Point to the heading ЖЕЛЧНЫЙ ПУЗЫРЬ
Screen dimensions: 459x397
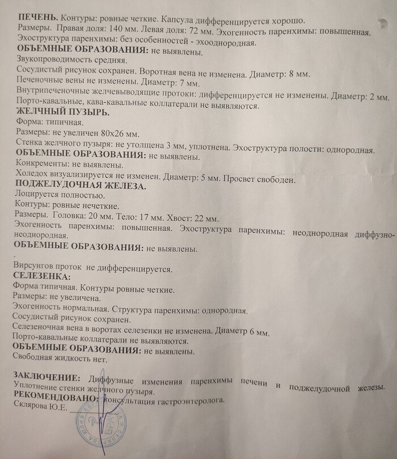[x=54, y=111]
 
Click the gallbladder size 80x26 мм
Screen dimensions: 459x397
[x=121, y=133]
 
